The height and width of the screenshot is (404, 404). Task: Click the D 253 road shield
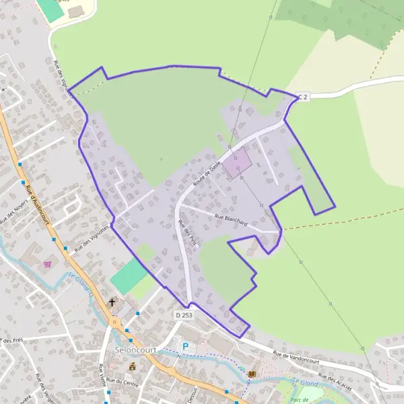pos(183,314)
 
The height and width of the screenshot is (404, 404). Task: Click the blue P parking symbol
pos(186,347)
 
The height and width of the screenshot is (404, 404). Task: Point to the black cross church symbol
pos(112,303)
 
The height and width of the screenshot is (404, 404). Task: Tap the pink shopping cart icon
pos(47,264)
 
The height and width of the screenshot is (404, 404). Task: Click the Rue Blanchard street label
pos(231,220)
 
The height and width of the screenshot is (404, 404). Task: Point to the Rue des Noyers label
pos(14,211)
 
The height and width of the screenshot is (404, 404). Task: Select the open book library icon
pos(252,374)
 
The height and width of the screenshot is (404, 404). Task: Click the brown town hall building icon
pos(133,366)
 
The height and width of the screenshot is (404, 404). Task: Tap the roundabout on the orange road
pos(115,322)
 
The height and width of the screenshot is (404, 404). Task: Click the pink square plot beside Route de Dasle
pos(237,164)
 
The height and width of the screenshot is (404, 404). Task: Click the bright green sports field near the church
pos(128,276)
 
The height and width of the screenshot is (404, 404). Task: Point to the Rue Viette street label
pos(102,377)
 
